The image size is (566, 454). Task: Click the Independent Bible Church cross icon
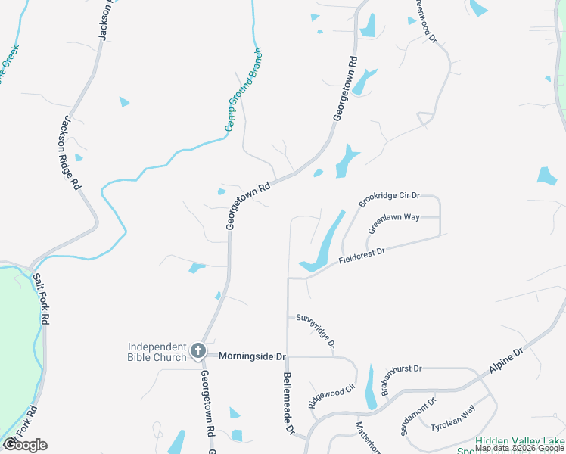pyautogui.click(x=198, y=350)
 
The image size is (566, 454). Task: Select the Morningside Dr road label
pyautogui.click(x=252, y=356)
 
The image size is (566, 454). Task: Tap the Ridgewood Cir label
pyautogui.click(x=331, y=396)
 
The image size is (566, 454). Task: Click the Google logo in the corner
pyautogui.click(x=25, y=445)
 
